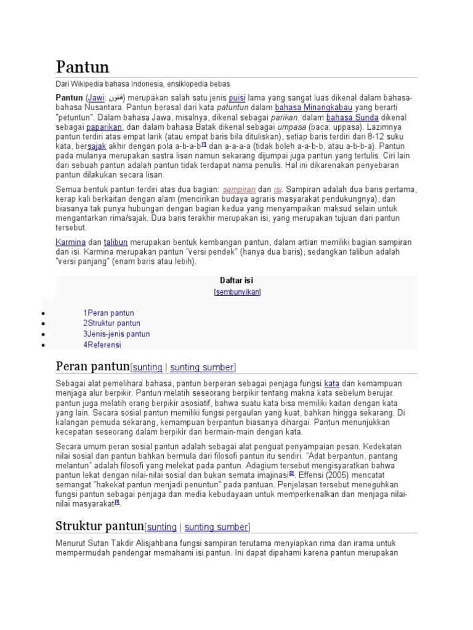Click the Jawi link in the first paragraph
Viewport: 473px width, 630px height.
click(x=95, y=98)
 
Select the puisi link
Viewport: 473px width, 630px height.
click(x=236, y=98)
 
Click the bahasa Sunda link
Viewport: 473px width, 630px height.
click(x=352, y=117)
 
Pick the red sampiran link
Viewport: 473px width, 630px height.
click(x=239, y=189)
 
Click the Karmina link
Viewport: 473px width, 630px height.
click(x=71, y=242)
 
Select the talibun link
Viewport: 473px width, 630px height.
click(x=115, y=242)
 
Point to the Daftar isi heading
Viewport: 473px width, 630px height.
click(x=236, y=280)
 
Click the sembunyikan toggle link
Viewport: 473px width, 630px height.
click(x=237, y=292)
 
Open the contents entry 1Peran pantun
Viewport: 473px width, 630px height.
click(x=108, y=313)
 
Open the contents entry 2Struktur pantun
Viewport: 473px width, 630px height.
click(x=111, y=323)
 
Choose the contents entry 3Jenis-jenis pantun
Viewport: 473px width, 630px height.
click(x=116, y=334)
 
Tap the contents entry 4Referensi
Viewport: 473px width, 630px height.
click(x=102, y=345)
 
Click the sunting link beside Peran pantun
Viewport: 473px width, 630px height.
click(x=147, y=367)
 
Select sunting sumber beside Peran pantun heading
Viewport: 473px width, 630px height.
click(x=201, y=367)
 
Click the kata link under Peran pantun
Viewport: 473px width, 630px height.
click(x=331, y=383)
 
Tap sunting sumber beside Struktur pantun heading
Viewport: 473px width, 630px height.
click(x=216, y=527)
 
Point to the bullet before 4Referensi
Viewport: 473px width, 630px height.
click(x=43, y=345)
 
